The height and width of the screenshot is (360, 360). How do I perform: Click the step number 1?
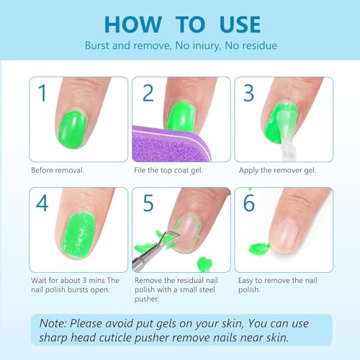click(43, 94)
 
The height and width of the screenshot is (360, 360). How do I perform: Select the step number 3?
click(249, 94)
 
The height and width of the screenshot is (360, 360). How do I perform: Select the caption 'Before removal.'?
click(58, 171)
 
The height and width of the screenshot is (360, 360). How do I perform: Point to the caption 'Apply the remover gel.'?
click(273, 171)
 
